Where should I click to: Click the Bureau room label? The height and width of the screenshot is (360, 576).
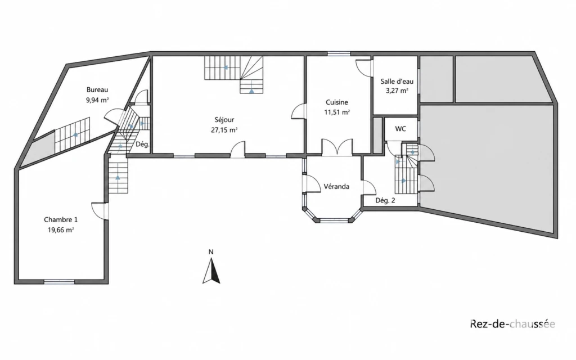click(x=97, y=89)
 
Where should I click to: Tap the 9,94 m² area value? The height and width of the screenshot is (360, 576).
click(x=97, y=100)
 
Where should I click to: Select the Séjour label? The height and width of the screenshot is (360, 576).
click(x=224, y=120)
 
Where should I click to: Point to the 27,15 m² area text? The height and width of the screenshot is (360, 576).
click(x=224, y=130)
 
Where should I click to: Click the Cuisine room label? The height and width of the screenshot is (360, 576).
click(x=337, y=102)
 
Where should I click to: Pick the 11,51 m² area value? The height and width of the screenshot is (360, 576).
click(x=337, y=112)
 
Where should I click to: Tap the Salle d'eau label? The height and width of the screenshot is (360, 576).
click(x=397, y=82)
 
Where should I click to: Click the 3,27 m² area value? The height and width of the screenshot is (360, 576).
click(x=397, y=91)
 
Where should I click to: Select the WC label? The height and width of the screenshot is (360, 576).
click(x=400, y=129)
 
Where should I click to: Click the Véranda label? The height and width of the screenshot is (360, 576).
click(x=336, y=187)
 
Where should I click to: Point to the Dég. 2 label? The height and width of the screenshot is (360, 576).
click(x=385, y=201)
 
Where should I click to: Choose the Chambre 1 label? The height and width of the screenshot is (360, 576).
click(x=61, y=220)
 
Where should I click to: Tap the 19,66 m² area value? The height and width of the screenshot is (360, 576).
click(x=61, y=230)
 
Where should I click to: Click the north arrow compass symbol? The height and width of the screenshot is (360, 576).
click(x=211, y=271)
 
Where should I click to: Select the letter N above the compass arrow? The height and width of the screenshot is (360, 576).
click(x=211, y=252)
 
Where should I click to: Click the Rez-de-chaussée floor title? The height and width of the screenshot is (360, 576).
click(x=513, y=324)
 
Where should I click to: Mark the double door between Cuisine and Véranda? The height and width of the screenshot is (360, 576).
click(x=337, y=148)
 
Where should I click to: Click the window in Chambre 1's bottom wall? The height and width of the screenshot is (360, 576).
click(x=59, y=282)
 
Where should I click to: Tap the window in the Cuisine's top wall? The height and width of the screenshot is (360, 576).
click(x=339, y=54)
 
